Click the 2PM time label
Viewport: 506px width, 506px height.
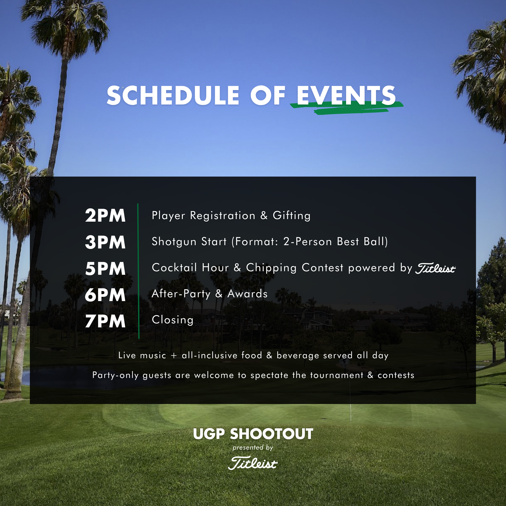tap(105, 216)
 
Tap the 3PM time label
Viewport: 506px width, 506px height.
tap(105, 242)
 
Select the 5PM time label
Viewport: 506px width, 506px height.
tap(105, 269)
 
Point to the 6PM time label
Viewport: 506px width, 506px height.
tap(105, 295)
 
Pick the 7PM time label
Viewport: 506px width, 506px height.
tap(105, 321)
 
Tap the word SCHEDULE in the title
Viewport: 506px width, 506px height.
tap(173, 96)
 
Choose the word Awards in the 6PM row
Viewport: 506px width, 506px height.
tap(247, 294)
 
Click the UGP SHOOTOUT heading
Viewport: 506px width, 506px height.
tap(253, 434)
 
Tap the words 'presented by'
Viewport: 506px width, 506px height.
tap(253, 448)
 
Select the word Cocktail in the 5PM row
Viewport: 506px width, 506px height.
tap(174, 268)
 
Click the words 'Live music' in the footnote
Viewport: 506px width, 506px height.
tap(142, 355)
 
